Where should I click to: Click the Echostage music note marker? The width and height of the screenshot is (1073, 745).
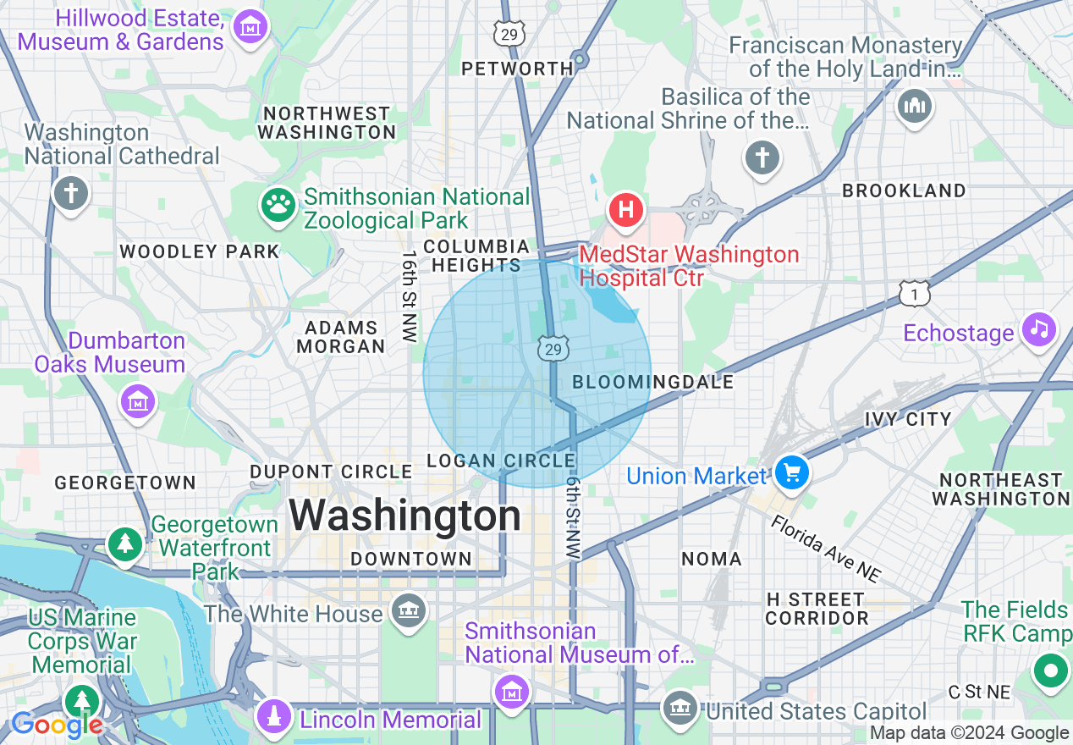(x=1038, y=328)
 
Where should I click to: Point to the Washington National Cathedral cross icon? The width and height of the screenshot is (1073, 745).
(x=71, y=193)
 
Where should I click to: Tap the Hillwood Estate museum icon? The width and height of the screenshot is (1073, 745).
(x=250, y=28)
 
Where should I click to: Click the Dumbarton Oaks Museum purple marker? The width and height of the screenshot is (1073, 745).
(x=136, y=400)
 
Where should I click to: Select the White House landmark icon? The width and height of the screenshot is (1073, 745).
(x=408, y=610)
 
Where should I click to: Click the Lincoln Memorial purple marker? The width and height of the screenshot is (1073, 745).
(x=274, y=716)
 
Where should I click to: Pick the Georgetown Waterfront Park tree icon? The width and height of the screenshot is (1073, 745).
(x=126, y=543)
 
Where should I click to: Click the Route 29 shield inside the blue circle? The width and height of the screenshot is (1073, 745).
(x=553, y=349)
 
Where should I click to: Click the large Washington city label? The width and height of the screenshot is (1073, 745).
(x=405, y=516)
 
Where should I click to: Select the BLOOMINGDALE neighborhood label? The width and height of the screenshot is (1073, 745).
(x=652, y=383)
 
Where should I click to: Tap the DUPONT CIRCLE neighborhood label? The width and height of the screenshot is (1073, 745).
(x=331, y=472)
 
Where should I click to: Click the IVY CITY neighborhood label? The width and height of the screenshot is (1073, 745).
(x=908, y=419)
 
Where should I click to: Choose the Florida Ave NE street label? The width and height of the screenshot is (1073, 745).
(x=825, y=549)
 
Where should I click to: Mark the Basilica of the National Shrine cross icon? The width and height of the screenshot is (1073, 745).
(x=762, y=157)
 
